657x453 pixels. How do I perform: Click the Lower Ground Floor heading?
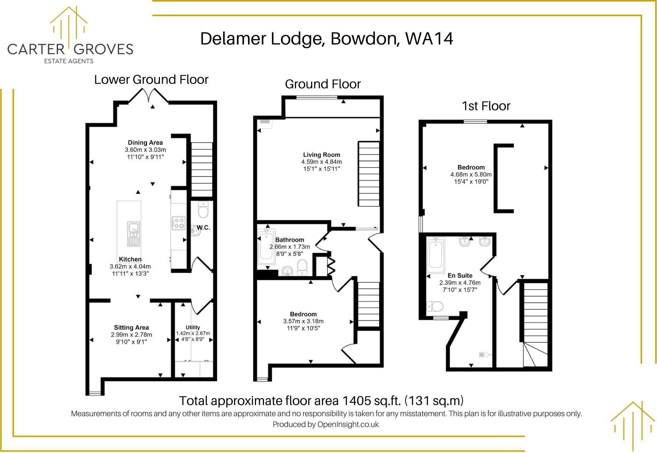[x=151, y=80]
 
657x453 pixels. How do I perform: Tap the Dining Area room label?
[x=145, y=143]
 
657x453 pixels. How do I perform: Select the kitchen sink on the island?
[x=134, y=234]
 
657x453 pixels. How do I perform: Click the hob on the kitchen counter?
[x=178, y=223]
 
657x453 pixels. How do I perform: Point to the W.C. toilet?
[x=203, y=209]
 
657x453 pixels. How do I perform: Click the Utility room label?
[x=193, y=327]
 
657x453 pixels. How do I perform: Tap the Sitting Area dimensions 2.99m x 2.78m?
[x=131, y=335]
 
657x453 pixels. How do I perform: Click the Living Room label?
[x=322, y=155]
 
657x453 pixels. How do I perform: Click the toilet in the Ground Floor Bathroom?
[x=302, y=267]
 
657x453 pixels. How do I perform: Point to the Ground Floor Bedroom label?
[x=303, y=314]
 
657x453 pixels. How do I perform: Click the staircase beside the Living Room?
[x=369, y=174]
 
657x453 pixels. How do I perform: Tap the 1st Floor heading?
[x=486, y=106]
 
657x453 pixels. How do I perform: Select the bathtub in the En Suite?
[x=435, y=255]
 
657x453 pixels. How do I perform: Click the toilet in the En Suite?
[x=435, y=306]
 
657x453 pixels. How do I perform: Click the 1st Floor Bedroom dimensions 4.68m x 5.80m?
[x=471, y=175]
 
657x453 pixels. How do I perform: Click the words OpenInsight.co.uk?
[x=348, y=424]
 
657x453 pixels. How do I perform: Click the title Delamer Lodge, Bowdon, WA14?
[x=327, y=39]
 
